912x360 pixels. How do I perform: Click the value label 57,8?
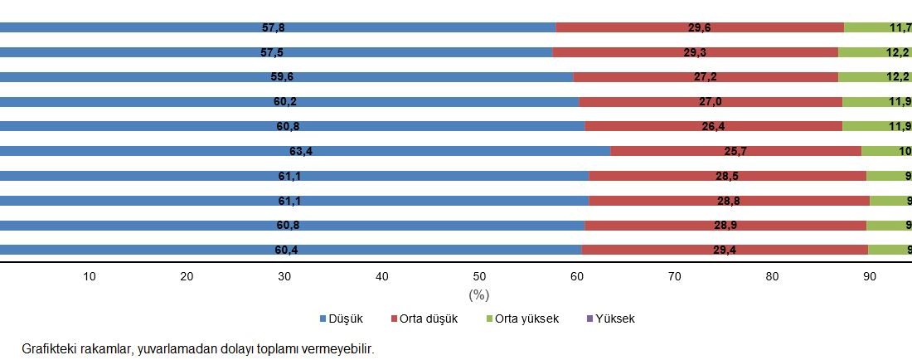coord(274,27)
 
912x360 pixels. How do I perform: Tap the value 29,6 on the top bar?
coord(699,27)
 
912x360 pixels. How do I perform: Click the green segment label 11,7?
coord(900,27)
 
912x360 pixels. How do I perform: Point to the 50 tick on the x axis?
coord(479,277)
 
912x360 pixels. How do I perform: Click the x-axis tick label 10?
coord(90,277)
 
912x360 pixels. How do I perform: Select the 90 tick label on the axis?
coord(869,277)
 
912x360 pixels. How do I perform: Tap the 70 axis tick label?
coord(674,277)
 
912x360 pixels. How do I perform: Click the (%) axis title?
coord(478,294)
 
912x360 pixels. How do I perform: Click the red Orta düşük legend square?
coord(393,319)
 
